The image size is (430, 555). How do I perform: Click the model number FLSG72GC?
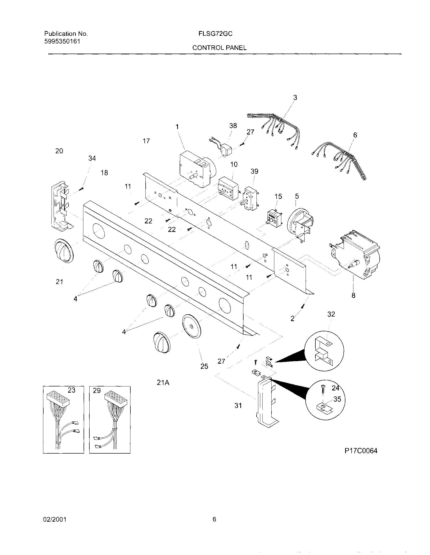[x=216, y=34]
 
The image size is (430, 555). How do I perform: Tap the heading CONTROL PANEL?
[x=219, y=48]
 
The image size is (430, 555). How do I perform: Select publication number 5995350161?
[x=62, y=41]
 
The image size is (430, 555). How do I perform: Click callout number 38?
[x=233, y=125]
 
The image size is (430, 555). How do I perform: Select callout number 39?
[x=254, y=171]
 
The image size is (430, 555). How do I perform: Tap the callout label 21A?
[x=163, y=382]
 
